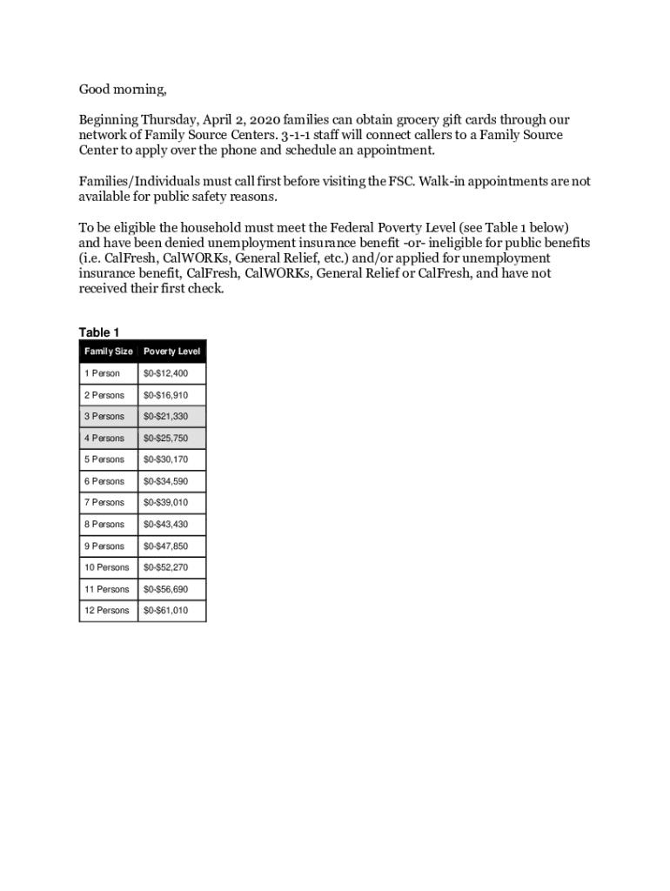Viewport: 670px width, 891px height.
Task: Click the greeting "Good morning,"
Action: tap(122, 90)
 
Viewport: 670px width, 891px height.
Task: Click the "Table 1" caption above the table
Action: tap(99, 332)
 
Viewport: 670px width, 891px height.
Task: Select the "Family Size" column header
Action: tap(108, 352)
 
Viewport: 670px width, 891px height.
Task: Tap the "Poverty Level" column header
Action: tap(171, 352)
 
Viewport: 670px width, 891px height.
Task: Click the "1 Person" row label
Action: tap(102, 373)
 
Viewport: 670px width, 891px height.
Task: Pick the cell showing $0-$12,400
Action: tap(165, 373)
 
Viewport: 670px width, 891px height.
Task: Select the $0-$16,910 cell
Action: tap(165, 395)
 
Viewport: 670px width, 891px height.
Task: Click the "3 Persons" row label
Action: tap(104, 417)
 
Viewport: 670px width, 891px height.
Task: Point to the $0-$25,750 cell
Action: tap(165, 439)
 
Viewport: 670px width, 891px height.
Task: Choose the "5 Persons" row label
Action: tap(104, 459)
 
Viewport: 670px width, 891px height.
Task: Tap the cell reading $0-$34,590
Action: tap(165, 481)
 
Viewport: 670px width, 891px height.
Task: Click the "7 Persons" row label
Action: tap(104, 502)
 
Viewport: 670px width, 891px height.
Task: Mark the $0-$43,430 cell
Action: tap(165, 525)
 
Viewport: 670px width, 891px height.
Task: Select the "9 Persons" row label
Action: tap(104, 546)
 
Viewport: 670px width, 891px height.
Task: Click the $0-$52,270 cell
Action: tap(165, 567)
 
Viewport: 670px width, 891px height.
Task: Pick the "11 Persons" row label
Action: tap(107, 589)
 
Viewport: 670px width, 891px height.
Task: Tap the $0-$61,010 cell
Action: tap(165, 610)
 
